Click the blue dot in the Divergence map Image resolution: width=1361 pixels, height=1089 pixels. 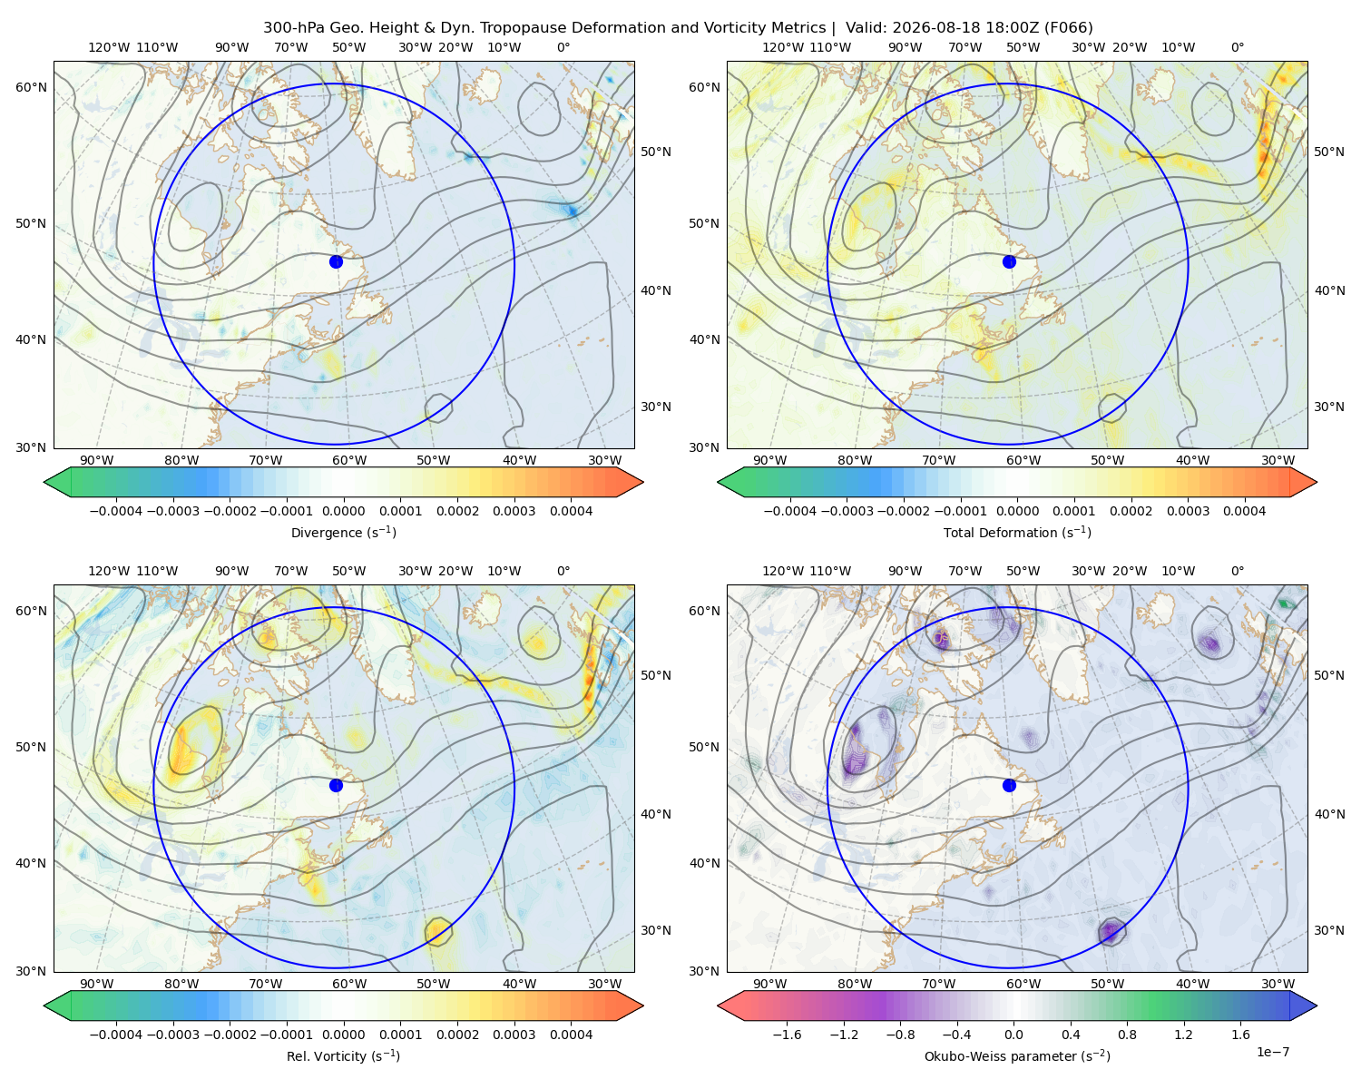coord(336,261)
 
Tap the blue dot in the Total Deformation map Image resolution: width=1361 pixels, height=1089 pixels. coord(1009,261)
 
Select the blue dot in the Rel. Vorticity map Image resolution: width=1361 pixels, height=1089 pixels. coord(336,785)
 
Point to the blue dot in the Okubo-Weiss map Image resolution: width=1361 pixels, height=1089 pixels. coord(1009,785)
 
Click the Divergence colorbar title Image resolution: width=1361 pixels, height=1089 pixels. coord(343,532)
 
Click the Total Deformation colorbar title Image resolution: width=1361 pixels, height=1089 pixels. coord(1017,532)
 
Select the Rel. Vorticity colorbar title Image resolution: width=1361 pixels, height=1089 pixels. coord(343,1055)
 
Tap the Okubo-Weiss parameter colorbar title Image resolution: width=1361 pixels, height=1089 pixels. coord(1017,1055)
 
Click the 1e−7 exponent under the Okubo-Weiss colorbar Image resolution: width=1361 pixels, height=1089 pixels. coord(1272,1052)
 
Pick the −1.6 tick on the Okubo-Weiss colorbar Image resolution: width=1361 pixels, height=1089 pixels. coord(787,1034)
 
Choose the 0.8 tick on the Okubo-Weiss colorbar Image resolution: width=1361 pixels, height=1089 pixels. coord(1127,1034)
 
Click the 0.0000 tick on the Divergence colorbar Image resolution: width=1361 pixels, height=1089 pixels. coord(343,511)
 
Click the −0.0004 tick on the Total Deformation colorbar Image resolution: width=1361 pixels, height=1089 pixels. coord(790,511)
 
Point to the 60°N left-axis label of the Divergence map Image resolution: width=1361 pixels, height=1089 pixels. coord(31,87)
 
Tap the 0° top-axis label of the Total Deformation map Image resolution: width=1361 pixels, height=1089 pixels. coord(1237,47)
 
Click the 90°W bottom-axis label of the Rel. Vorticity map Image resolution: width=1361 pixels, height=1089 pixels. coord(97,984)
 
